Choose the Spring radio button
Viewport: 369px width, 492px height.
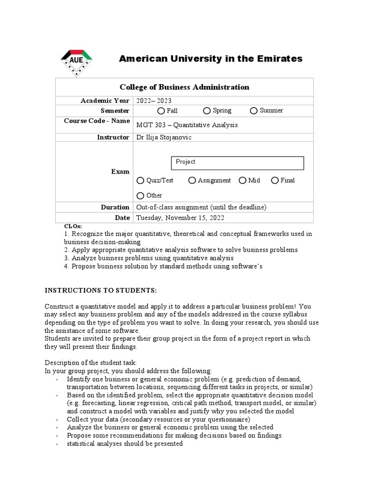207,111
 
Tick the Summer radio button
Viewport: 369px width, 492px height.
254,111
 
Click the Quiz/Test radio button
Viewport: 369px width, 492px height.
140,181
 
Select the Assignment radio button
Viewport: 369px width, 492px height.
192,181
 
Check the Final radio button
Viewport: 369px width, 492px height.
275,181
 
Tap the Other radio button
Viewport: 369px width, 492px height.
140,196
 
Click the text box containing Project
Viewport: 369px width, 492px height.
237,163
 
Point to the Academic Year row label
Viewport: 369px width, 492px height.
105,100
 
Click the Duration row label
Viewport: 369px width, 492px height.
115,207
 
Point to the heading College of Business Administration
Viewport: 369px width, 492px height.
184,87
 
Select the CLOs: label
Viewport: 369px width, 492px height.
73,226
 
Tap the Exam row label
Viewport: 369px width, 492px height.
120,172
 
